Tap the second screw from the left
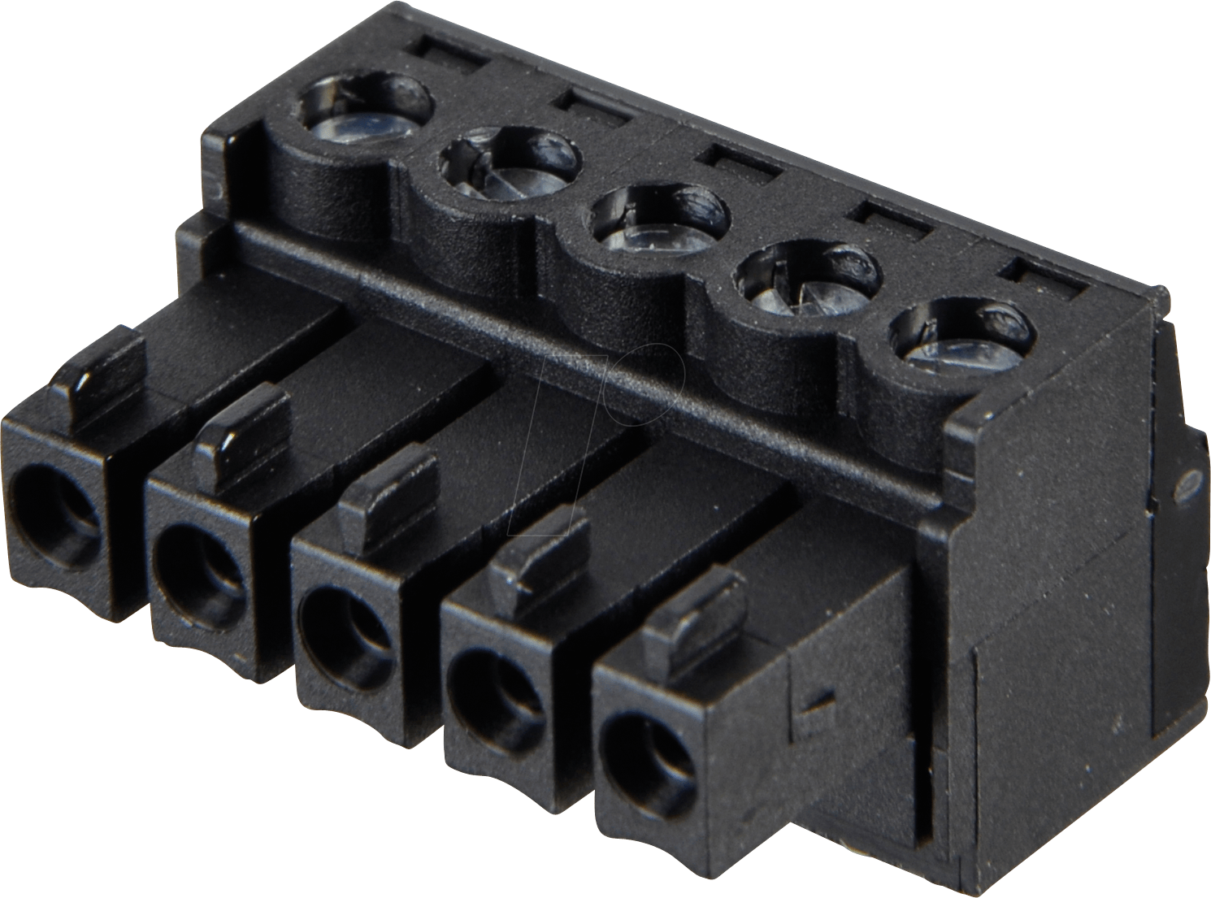(510, 166)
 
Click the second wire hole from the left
(199, 561)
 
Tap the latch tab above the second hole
(244, 427)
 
